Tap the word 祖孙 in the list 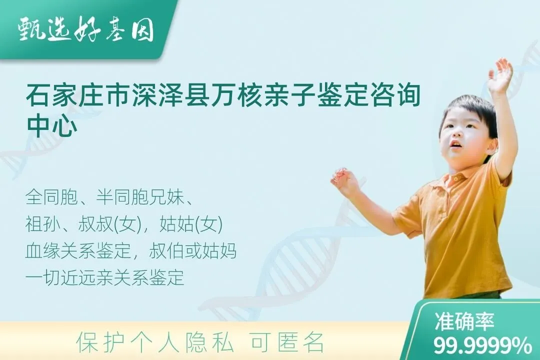tap(43, 224)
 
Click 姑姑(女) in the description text tap(191, 224)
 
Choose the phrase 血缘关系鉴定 tap(78, 251)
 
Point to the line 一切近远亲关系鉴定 tap(104, 277)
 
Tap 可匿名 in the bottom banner tap(287, 342)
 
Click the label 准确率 tap(464, 321)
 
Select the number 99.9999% tap(482, 345)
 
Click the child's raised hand tap(499, 75)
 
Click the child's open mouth tap(455, 144)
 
